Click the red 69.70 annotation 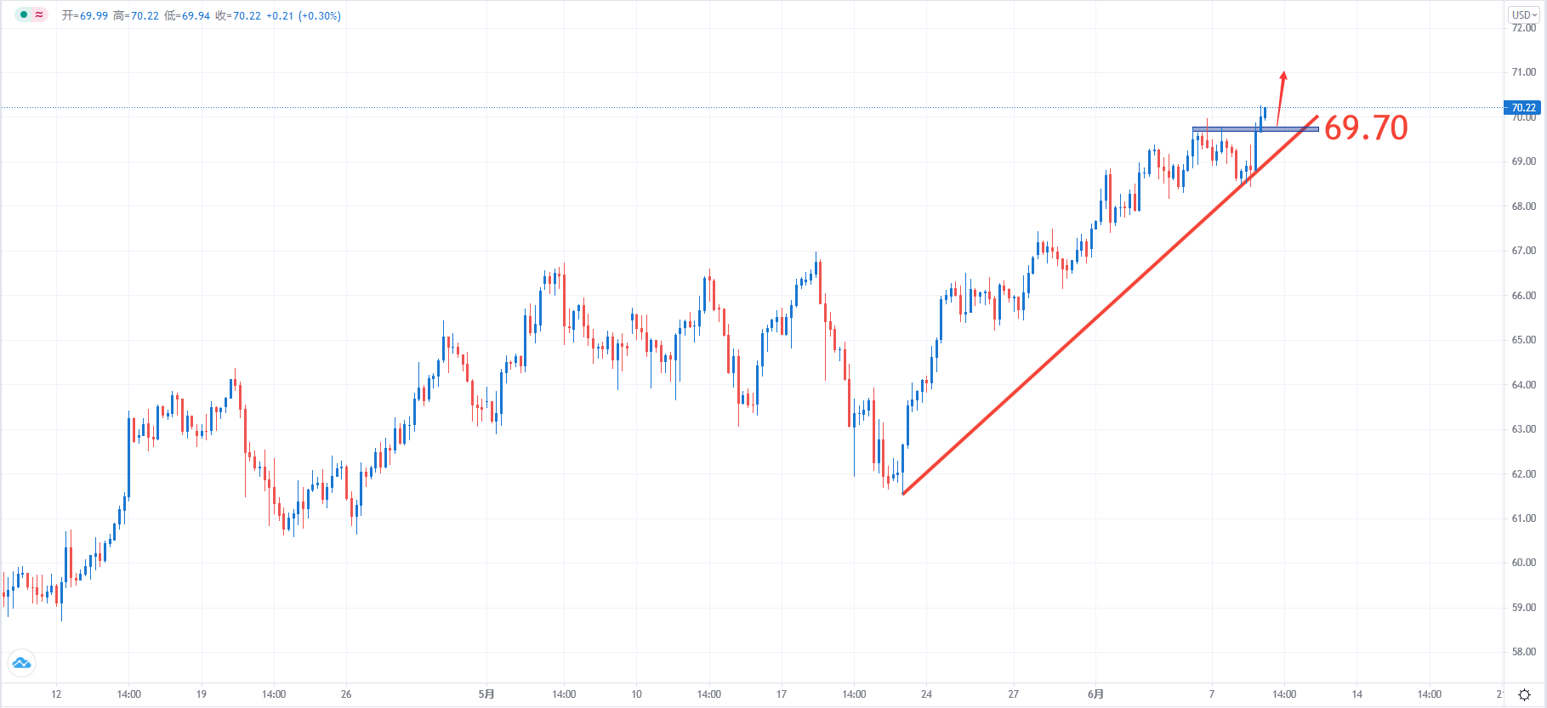(x=1366, y=128)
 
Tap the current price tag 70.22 (x=1522, y=108)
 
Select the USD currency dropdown (x=1524, y=14)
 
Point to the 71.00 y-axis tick (x=1523, y=72)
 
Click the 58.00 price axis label (x=1523, y=652)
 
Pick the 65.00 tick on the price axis (x=1523, y=340)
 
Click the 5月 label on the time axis (x=486, y=694)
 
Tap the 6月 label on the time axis (x=1095, y=694)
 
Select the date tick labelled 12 (x=56, y=694)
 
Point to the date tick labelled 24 (x=926, y=694)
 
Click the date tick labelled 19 (x=202, y=694)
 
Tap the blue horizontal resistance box (x=1255, y=129)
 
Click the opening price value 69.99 (x=94, y=16)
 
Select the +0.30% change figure (x=320, y=16)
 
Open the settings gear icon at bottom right (x=1524, y=695)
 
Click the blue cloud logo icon (x=21, y=663)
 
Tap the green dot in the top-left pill (x=24, y=14)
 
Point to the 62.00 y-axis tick (x=1523, y=474)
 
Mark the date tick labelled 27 (x=1013, y=694)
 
